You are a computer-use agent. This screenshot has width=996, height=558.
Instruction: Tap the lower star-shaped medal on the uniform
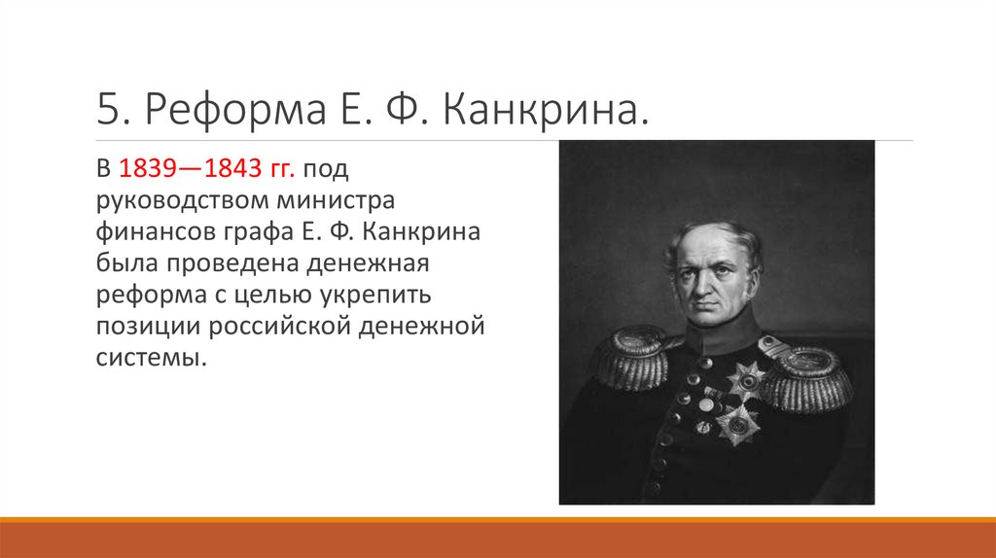pos(738,422)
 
